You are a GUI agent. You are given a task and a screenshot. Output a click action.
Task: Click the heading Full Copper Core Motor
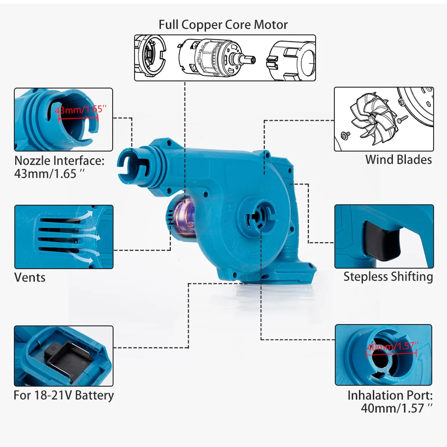point(223,25)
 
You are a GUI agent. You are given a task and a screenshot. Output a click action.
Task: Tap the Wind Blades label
point(398,160)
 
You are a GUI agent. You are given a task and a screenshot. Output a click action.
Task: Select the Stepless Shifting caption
point(388,277)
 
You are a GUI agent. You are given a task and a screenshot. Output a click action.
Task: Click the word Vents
point(30,277)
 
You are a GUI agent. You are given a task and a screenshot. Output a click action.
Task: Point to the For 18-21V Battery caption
point(63,395)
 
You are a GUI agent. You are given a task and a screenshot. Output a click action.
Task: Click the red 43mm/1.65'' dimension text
point(79,110)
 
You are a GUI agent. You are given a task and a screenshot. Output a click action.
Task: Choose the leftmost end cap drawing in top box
point(150,57)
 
